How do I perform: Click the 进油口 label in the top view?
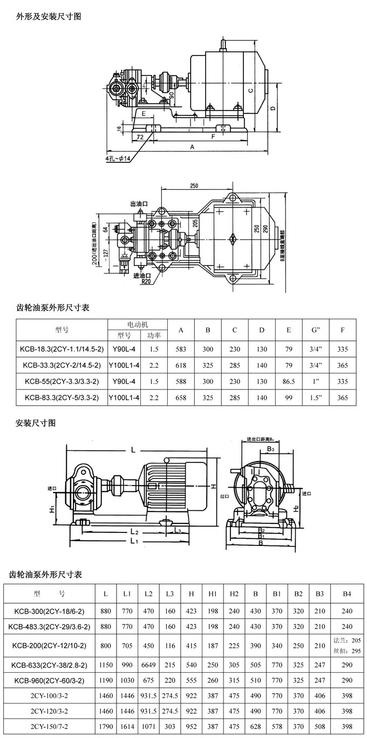point(141,275)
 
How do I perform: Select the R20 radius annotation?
point(146,282)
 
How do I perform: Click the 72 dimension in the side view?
point(139,138)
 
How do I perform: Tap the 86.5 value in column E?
point(289,381)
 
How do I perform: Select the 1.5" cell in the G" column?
point(316,398)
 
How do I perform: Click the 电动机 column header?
point(138,324)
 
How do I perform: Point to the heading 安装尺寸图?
point(36,423)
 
